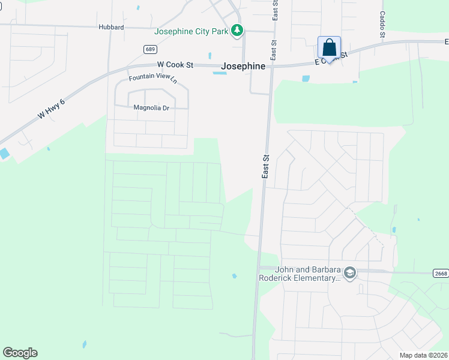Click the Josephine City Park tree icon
point(238,31)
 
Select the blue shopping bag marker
point(329,48)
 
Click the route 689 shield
point(151,49)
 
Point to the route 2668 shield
point(440,273)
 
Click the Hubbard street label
point(111,27)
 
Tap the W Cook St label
point(175,64)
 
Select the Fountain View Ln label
point(154,78)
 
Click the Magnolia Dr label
point(151,108)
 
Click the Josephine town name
point(243,67)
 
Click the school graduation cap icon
point(350,274)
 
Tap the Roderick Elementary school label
point(299,274)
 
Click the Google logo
point(20,353)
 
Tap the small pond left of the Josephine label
point(220,73)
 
